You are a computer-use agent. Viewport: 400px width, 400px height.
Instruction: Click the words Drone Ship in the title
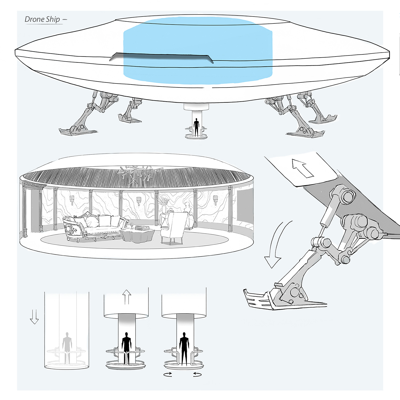42,19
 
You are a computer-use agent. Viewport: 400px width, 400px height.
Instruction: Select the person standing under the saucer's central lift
196,127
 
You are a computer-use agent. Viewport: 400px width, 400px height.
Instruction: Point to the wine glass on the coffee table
132,226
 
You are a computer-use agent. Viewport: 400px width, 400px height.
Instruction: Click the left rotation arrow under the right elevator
168,374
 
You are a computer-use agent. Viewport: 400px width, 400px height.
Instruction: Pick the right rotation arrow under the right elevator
197,374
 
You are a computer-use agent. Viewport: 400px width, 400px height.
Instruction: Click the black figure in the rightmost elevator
184,348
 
